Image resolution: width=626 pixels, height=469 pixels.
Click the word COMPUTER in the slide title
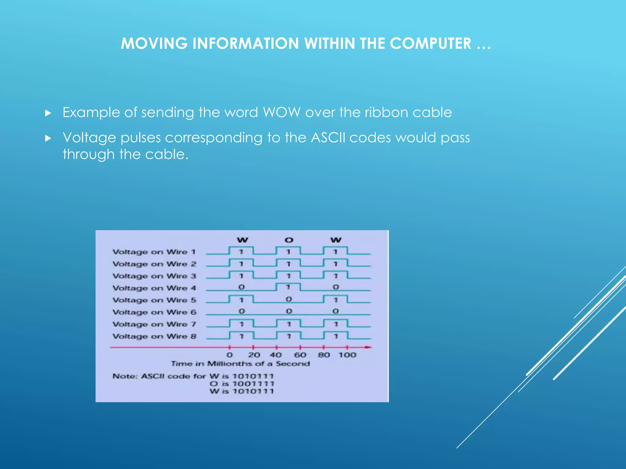click(430, 43)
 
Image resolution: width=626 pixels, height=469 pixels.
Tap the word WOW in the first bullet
click(282, 112)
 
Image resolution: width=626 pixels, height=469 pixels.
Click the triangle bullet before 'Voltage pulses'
click(48, 138)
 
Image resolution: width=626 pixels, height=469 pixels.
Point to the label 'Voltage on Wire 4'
click(154, 288)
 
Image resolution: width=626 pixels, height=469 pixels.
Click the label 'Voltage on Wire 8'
click(154, 336)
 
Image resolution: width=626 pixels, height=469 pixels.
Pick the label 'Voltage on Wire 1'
click(154, 252)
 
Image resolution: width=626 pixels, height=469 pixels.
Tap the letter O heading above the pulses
click(289, 240)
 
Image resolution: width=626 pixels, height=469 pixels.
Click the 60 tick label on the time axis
click(300, 355)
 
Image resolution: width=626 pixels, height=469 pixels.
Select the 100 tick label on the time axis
click(347, 355)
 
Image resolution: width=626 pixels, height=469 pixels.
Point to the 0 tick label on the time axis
click(230, 355)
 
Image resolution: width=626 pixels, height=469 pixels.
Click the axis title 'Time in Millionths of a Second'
click(240, 364)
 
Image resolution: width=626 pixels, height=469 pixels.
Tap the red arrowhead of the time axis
click(369, 347)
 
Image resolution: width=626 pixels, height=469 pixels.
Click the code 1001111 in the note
click(253, 384)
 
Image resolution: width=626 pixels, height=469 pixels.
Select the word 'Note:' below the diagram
click(125, 376)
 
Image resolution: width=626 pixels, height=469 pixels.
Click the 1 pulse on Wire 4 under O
click(288, 287)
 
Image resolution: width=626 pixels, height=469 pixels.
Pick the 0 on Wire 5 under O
click(289, 299)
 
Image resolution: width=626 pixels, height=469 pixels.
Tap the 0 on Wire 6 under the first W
click(241, 311)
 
